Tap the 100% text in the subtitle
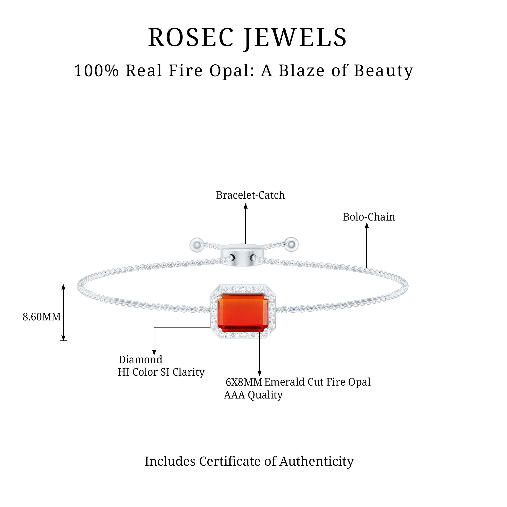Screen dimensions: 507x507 [x=96, y=71]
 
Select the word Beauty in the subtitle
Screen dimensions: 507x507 [x=383, y=71]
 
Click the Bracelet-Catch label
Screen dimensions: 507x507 [x=250, y=195]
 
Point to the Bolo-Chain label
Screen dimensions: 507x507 [x=369, y=217]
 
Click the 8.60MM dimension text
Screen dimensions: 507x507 [x=42, y=317]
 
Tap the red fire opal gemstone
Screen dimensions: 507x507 [x=243, y=313]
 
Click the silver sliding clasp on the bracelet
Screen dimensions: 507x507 [x=241, y=255]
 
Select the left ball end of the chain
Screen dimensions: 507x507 [x=196, y=245]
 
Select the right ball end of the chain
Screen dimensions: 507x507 [x=292, y=244]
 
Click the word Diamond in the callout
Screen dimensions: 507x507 [x=140, y=360]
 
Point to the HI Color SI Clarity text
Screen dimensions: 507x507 [x=161, y=372]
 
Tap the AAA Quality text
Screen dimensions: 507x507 [x=253, y=395]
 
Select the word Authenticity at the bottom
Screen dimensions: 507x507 [x=316, y=461]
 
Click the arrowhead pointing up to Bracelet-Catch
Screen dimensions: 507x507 [x=246, y=206]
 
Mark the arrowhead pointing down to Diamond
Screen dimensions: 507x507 [x=154, y=352]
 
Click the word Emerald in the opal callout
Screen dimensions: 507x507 [x=284, y=382]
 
